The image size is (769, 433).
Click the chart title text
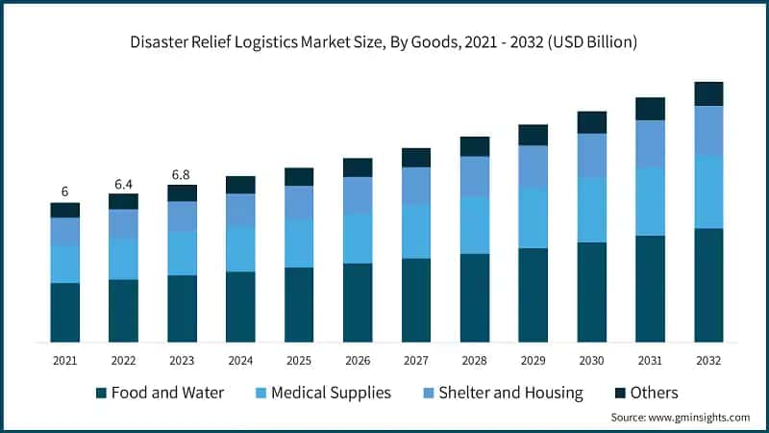tap(384, 43)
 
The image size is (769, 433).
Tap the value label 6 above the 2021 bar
tap(65, 191)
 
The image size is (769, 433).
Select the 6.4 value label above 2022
tap(123, 183)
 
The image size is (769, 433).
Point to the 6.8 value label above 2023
tap(182, 174)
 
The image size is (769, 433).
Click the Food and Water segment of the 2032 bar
tap(709, 285)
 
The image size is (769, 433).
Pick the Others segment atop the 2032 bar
tap(709, 93)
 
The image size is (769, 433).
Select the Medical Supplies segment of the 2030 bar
tap(592, 210)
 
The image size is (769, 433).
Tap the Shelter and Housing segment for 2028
tap(475, 176)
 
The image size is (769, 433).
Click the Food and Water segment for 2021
tap(65, 312)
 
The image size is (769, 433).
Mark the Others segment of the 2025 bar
tap(299, 176)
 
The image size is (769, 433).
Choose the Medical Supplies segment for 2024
tap(240, 248)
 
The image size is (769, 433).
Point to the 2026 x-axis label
tap(358, 360)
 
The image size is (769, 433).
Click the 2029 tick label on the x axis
tap(533, 360)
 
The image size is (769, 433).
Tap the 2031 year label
tap(651, 360)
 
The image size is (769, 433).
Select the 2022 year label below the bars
tap(123, 360)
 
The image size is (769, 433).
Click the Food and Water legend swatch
tap(100, 393)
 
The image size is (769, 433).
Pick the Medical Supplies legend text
tap(331, 393)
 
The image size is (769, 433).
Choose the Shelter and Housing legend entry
tap(510, 393)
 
